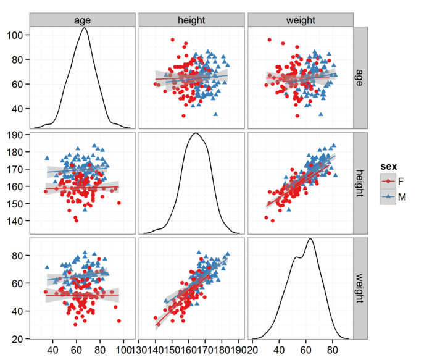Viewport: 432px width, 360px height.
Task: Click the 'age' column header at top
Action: coord(82,20)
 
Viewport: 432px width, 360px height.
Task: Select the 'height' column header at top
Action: coord(191,20)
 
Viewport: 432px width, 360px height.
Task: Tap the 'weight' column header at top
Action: coord(301,20)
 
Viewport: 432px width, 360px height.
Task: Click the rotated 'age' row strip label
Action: coord(360,78)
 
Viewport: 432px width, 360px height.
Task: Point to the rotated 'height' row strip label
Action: coord(360,183)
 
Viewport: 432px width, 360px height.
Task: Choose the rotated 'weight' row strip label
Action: coord(360,288)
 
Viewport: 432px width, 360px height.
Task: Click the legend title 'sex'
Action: coord(388,167)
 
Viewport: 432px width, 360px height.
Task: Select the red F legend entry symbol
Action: coord(388,181)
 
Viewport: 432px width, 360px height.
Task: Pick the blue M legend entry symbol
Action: coord(388,196)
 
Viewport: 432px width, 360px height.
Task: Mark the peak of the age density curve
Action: coord(85,28)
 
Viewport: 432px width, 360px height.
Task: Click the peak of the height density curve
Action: coord(196,133)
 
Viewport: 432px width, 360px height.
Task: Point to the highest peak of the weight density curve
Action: coord(310,239)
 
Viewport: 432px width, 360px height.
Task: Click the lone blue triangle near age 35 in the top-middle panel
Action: coord(215,114)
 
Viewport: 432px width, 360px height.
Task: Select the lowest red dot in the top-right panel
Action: coord(297,115)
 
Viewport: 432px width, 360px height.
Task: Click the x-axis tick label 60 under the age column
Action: coord(77,350)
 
